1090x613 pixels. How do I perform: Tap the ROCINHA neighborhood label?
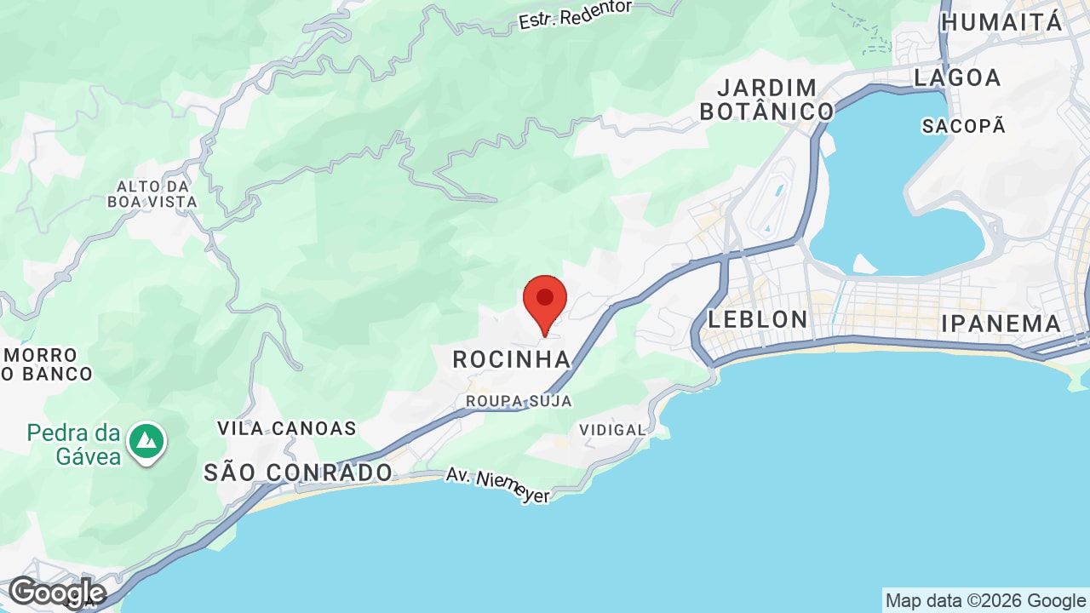[511, 359]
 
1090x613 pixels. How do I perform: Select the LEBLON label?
[758, 319]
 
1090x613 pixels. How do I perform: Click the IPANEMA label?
[1001, 324]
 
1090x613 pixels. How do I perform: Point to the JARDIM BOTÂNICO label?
[766, 100]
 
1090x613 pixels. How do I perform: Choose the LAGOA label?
[957, 77]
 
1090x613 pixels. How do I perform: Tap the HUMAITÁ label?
[1002, 22]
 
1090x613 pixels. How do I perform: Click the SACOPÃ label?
[964, 126]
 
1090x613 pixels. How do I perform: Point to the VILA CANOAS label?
[286, 428]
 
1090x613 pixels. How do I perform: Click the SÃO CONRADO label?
[298, 473]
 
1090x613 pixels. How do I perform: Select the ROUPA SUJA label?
[519, 400]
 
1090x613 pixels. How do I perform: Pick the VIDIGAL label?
[612, 430]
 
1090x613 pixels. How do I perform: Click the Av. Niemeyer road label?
[497, 486]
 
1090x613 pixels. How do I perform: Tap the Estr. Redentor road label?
[576, 14]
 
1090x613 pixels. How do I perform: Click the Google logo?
[56, 593]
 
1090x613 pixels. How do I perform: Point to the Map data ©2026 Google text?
[985, 601]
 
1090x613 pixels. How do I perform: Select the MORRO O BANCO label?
[47, 364]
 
